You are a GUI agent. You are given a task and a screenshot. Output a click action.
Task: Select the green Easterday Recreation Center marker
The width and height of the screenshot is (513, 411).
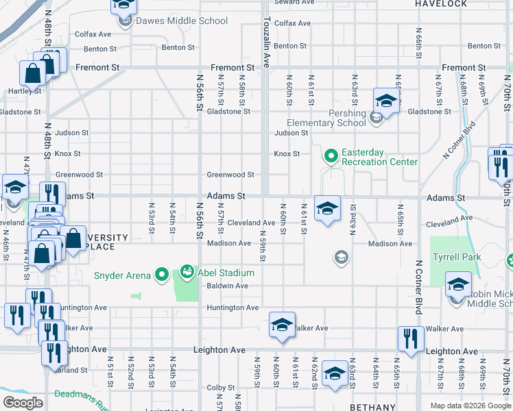[331, 158]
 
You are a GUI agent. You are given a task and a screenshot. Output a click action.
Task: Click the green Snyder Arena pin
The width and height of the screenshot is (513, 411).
[162, 275]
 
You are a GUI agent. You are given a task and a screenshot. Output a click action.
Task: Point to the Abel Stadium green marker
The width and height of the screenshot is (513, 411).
[186, 272]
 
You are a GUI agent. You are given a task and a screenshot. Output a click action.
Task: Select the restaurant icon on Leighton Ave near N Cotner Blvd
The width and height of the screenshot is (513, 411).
[410, 340]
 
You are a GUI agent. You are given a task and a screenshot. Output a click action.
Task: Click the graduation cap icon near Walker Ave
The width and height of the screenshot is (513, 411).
[282, 325]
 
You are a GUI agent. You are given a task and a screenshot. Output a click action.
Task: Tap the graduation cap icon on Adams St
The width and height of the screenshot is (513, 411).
[327, 208]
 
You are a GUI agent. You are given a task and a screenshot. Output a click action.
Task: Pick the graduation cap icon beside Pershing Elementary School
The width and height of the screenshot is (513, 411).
[386, 102]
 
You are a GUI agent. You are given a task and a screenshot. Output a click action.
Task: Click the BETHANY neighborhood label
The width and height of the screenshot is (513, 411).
[372, 407]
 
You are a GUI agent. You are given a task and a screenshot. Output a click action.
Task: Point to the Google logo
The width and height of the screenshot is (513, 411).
[23, 403]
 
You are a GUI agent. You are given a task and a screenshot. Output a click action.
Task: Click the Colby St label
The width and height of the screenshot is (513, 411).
[221, 388]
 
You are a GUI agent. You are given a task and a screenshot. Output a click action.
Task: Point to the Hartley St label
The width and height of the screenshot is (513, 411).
[25, 90]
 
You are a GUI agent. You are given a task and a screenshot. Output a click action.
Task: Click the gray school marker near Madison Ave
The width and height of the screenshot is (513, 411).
[339, 258]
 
